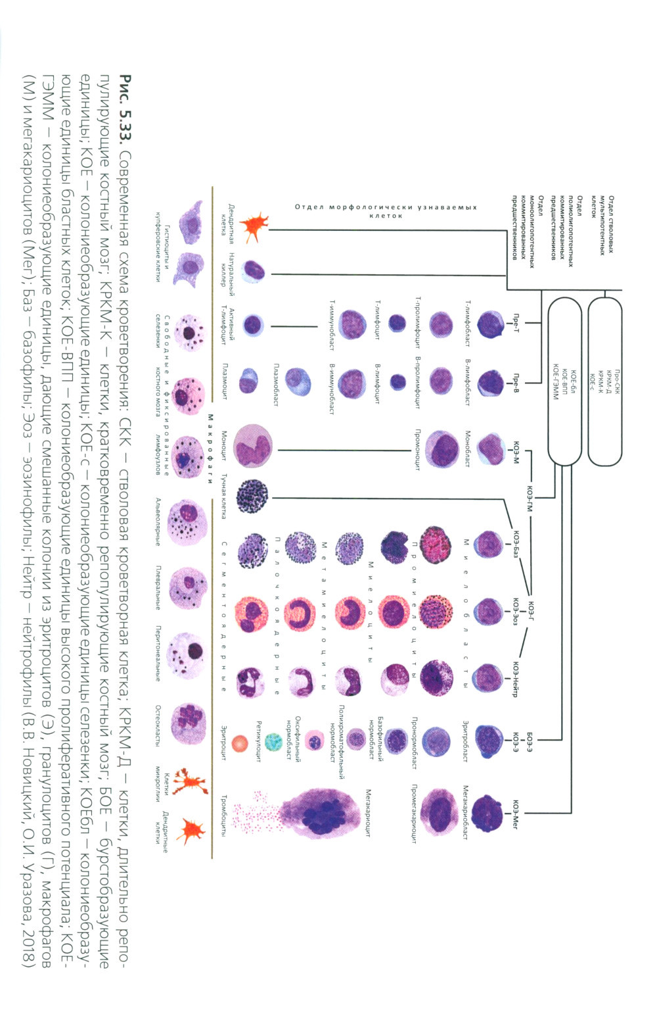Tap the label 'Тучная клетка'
223,496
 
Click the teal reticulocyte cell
273,742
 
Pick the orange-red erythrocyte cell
241,743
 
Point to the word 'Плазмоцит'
224,380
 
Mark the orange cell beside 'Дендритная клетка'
254,226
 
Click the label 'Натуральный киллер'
227,269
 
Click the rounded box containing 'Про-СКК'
604,381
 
